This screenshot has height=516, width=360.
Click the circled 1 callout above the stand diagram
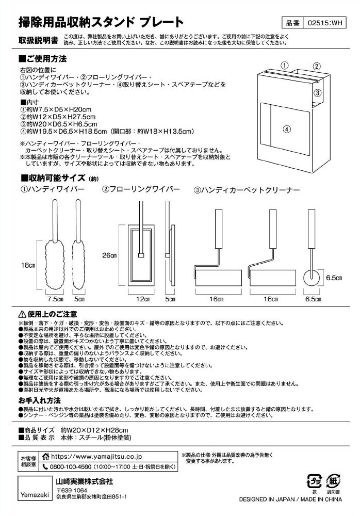[x=284, y=66]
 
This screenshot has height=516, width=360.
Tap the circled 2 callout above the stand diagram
[x=317, y=66]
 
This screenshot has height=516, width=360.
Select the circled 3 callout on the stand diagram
[x=318, y=93]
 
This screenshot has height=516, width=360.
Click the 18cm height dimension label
[x=28, y=266]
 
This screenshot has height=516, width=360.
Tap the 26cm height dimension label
[x=109, y=255]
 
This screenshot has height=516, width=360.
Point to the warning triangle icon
[x=22, y=314]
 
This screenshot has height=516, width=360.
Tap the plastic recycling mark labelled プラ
[x=314, y=481]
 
